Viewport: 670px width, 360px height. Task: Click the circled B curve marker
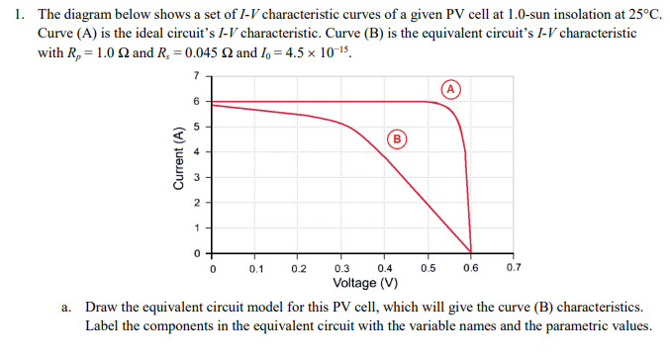(x=396, y=138)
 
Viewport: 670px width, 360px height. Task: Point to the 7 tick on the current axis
(x=196, y=76)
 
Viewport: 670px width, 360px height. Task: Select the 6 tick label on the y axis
(x=196, y=102)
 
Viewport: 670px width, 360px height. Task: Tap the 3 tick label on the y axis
(x=196, y=177)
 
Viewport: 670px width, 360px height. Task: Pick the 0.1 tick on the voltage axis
(x=256, y=268)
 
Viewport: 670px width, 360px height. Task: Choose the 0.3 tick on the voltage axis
(x=342, y=268)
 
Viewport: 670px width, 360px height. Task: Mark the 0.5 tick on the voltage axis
(x=428, y=268)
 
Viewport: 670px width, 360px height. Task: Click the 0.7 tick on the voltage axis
(x=513, y=268)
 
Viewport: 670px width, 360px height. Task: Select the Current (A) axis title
(x=178, y=159)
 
